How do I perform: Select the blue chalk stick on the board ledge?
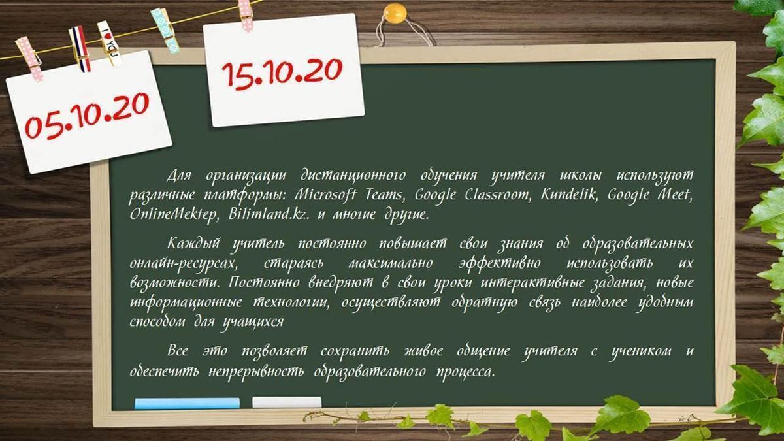coord(188,403)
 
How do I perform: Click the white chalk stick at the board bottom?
coord(287,402)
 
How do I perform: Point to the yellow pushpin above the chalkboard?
coord(395,12)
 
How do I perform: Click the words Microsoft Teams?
coord(349,195)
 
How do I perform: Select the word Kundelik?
coord(568,194)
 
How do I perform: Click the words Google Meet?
coord(650,195)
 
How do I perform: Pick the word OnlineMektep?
coord(174,214)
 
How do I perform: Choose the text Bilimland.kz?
coord(269,214)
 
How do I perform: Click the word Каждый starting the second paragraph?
coord(194,243)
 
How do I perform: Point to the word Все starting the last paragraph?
coord(178,350)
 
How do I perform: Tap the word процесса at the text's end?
coord(466,372)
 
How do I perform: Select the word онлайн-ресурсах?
coord(184,263)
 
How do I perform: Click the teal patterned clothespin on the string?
coord(165,31)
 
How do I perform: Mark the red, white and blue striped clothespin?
coord(80,48)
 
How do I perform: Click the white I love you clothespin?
coord(110,43)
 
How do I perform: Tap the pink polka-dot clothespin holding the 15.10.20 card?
coord(246,16)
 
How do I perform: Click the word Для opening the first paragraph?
coord(179,175)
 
